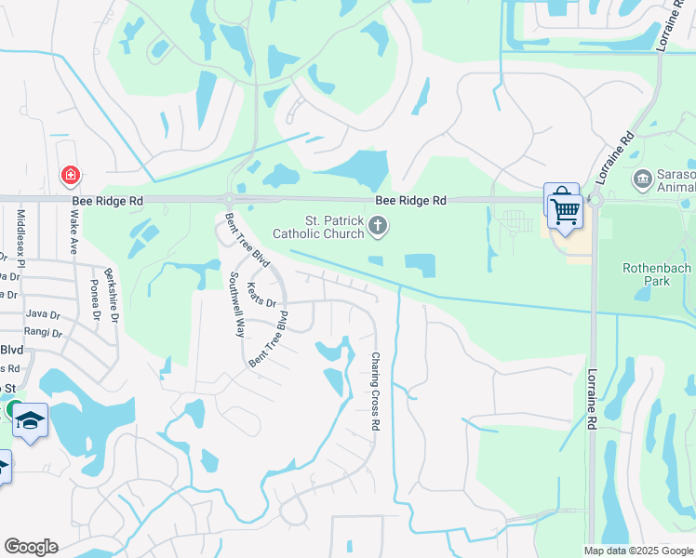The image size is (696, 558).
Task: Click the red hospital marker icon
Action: coord(70,175)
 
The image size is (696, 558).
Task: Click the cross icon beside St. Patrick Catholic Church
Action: coord(378,224)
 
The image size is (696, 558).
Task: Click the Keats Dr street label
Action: coord(261,290)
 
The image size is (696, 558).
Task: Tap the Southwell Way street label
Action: coord(237,304)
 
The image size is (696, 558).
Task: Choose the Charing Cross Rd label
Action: coord(376,390)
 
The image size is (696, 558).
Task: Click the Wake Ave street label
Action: coord(74,232)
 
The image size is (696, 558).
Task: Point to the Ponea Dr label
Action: coord(95,299)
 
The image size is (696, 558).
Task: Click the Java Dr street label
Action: coord(43,315)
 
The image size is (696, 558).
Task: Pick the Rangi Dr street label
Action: coord(44,333)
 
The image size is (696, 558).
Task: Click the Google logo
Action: coord(31,547)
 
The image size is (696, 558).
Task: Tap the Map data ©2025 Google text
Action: coord(637,551)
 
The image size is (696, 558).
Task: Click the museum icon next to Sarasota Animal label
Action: coord(641,178)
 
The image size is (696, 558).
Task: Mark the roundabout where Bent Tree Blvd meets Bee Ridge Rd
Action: coord(228,199)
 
